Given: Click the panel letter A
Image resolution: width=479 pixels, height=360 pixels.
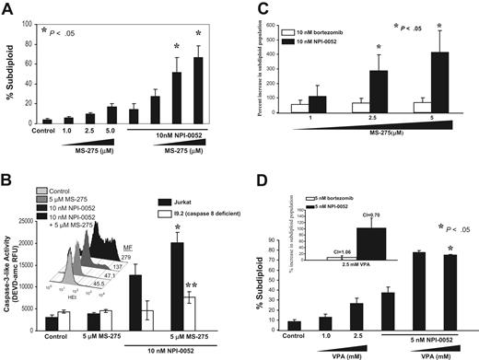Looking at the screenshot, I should (11, 11).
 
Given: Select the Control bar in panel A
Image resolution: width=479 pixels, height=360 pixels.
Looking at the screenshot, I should (47, 121).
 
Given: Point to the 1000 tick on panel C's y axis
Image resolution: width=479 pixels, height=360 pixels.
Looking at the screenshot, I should (277, 17).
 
